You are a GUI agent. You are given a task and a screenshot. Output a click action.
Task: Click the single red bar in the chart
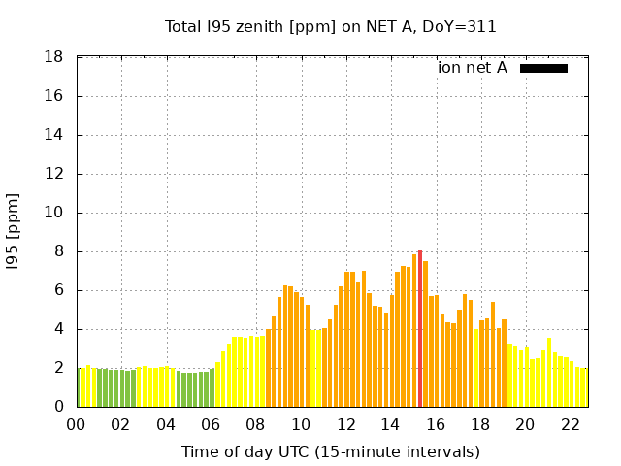pyautogui.click(x=420, y=328)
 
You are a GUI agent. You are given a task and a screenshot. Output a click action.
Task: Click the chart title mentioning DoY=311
pyautogui.click(x=331, y=27)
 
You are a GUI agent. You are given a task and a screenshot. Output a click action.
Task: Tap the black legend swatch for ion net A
pyautogui.click(x=543, y=68)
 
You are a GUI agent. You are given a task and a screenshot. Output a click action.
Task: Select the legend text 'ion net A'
pyautogui.click(x=473, y=68)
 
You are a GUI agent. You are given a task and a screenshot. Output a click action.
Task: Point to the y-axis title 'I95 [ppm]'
pyautogui.click(x=14, y=232)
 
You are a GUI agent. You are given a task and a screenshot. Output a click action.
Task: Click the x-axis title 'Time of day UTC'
pyautogui.click(x=331, y=451)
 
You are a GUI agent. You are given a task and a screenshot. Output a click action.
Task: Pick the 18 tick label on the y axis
pyautogui.click(x=55, y=57)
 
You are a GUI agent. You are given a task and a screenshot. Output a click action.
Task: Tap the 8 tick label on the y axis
pyautogui.click(x=59, y=251)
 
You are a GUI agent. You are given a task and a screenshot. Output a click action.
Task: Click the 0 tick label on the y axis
pyautogui.click(x=59, y=407)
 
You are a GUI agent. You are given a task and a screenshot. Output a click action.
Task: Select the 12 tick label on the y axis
pyautogui.click(x=55, y=174)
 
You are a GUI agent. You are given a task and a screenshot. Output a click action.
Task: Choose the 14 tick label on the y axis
pyautogui.click(x=55, y=135)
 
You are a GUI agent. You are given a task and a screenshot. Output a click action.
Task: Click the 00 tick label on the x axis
pyautogui.click(x=77, y=424)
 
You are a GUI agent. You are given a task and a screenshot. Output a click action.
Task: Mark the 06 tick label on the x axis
pyautogui.click(x=211, y=424)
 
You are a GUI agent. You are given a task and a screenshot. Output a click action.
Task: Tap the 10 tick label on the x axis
pyautogui.click(x=301, y=424)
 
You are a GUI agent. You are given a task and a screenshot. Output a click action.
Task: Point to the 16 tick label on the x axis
pyautogui.click(x=436, y=424)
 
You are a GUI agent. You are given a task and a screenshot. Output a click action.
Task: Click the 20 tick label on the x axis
pyautogui.click(x=525, y=424)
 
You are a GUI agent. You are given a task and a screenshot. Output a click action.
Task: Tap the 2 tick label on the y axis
pyautogui.click(x=59, y=368)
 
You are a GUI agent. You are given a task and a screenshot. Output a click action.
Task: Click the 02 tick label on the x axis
pyautogui.click(x=121, y=424)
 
